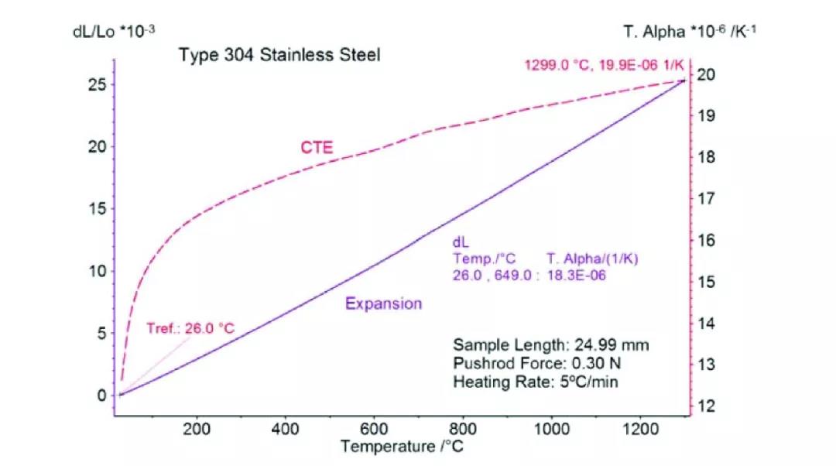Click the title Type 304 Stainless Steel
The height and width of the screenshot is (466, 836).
(279, 56)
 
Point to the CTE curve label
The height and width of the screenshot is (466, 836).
(317, 147)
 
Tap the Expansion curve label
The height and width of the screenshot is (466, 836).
(384, 303)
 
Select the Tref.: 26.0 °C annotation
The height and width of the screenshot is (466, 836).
(190, 328)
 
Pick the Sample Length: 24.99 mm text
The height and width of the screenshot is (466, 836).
(551, 344)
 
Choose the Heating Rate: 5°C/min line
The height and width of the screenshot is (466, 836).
(536, 382)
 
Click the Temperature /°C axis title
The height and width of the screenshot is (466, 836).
(406, 446)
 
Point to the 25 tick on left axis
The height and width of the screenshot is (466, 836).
(97, 84)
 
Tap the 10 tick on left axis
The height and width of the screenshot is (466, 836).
(97, 271)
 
